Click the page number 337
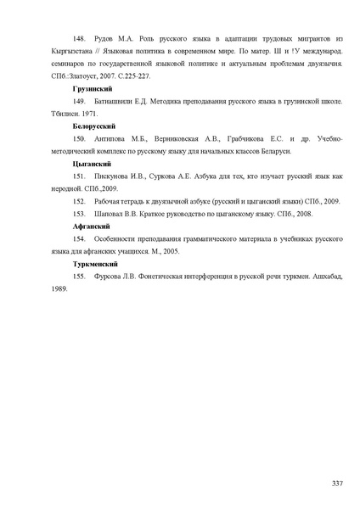[x=337, y=483]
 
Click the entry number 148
[x=80, y=39]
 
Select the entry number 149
[x=80, y=100]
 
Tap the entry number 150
[x=80, y=137]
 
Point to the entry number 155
[x=80, y=276]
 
